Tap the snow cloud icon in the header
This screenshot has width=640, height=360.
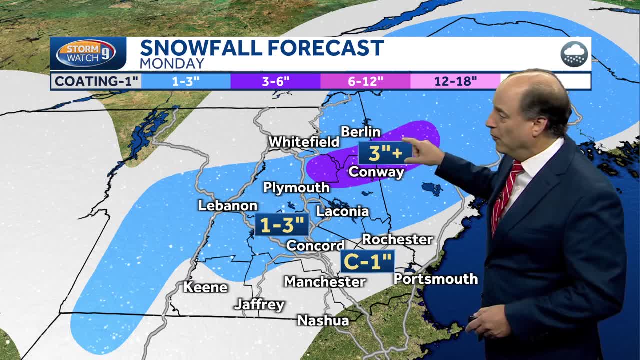574,54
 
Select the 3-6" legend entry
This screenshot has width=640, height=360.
275,81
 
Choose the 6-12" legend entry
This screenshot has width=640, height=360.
365,81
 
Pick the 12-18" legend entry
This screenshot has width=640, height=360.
455,81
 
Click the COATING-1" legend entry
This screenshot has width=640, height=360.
96,81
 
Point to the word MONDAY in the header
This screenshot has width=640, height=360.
172,64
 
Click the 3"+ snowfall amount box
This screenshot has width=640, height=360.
385,153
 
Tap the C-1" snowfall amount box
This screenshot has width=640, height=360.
367,261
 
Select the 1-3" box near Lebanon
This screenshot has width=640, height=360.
282,225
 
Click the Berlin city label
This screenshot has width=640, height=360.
360,132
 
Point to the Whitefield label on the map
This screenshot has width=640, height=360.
304,142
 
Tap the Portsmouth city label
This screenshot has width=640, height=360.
436,279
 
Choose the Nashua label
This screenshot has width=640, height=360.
323,320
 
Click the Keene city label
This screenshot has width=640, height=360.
205,287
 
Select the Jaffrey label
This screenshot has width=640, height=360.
259,304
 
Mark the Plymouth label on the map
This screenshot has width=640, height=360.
296,188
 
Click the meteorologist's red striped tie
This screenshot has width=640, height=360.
505,195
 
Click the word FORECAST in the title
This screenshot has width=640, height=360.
325,48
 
